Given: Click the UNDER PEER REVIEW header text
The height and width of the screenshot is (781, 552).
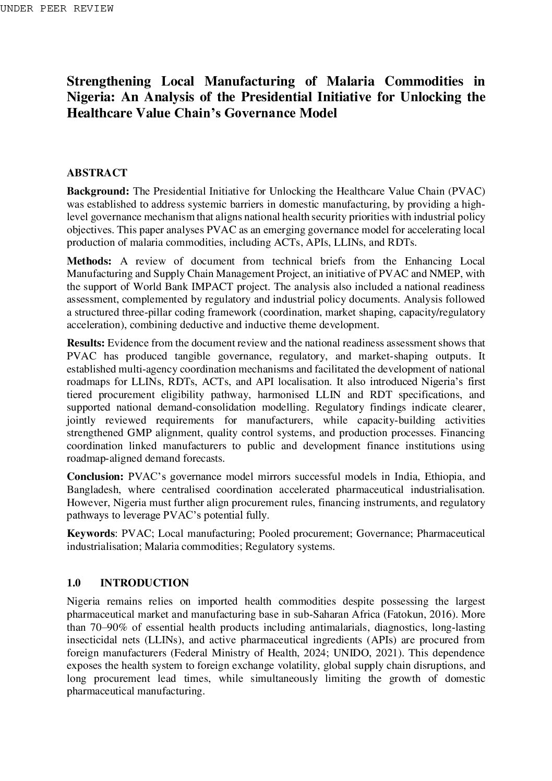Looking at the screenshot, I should point(56,8).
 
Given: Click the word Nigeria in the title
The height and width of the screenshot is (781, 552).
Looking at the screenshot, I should point(87,97).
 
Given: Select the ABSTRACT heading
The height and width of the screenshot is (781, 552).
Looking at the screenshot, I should point(97,173).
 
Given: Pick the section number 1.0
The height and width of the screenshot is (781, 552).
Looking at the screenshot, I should point(74,583).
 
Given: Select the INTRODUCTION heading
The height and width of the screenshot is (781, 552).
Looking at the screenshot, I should point(144,583).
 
